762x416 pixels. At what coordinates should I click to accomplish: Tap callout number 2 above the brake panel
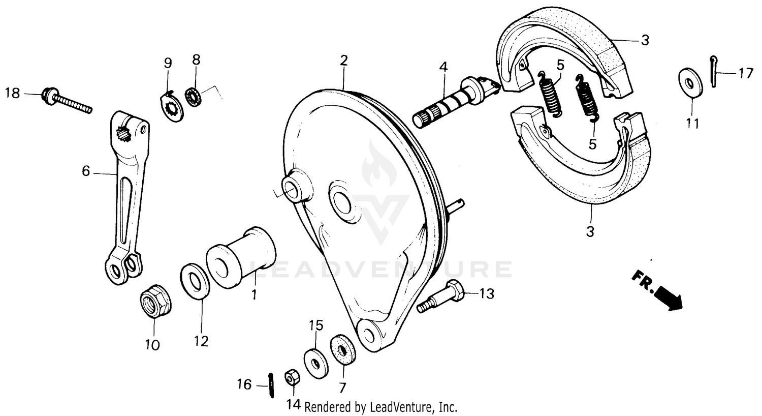(344, 61)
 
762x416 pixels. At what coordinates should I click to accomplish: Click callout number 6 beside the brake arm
(85, 171)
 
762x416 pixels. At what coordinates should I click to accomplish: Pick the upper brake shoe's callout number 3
(645, 41)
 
